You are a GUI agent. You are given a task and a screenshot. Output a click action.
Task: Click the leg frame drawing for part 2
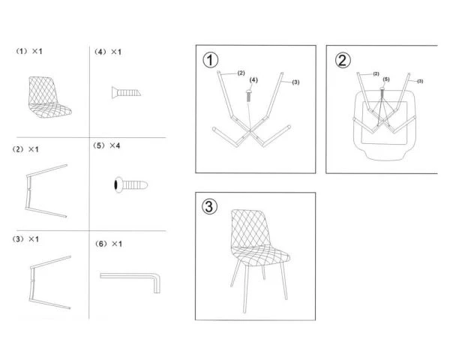tap(46, 190)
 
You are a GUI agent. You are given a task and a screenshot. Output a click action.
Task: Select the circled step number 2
tap(342, 60)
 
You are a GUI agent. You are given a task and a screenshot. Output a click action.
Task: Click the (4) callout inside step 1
tap(253, 79)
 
